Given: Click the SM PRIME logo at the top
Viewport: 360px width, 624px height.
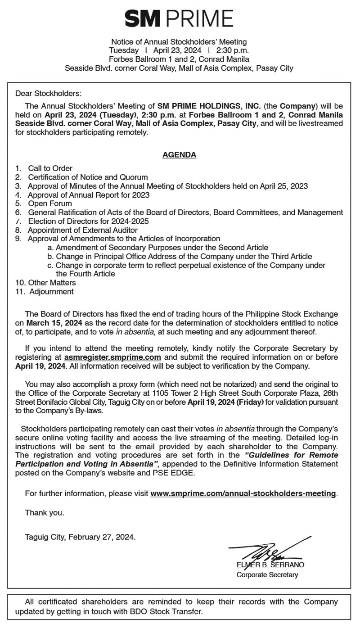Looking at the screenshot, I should (x=179, y=18).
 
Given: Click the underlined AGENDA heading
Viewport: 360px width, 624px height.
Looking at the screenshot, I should (x=179, y=154).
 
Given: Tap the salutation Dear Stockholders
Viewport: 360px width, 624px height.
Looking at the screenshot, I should (x=49, y=94).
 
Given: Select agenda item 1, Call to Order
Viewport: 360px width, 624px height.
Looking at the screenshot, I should (x=50, y=168).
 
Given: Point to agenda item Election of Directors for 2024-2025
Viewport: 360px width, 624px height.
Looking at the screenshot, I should (x=88, y=221).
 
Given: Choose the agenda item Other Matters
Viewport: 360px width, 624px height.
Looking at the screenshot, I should (x=52, y=283).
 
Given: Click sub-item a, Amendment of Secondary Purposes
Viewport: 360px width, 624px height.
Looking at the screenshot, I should (x=157, y=248).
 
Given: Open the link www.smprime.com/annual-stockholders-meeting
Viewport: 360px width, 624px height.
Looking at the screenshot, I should (x=243, y=493).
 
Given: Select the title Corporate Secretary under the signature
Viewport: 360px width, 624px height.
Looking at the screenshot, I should (x=267, y=575).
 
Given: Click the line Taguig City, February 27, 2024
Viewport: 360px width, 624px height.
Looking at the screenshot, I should (x=80, y=537).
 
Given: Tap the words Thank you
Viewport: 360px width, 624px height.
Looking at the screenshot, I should (x=44, y=512).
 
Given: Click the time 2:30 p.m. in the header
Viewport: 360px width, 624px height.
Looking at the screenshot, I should (x=232, y=50).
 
